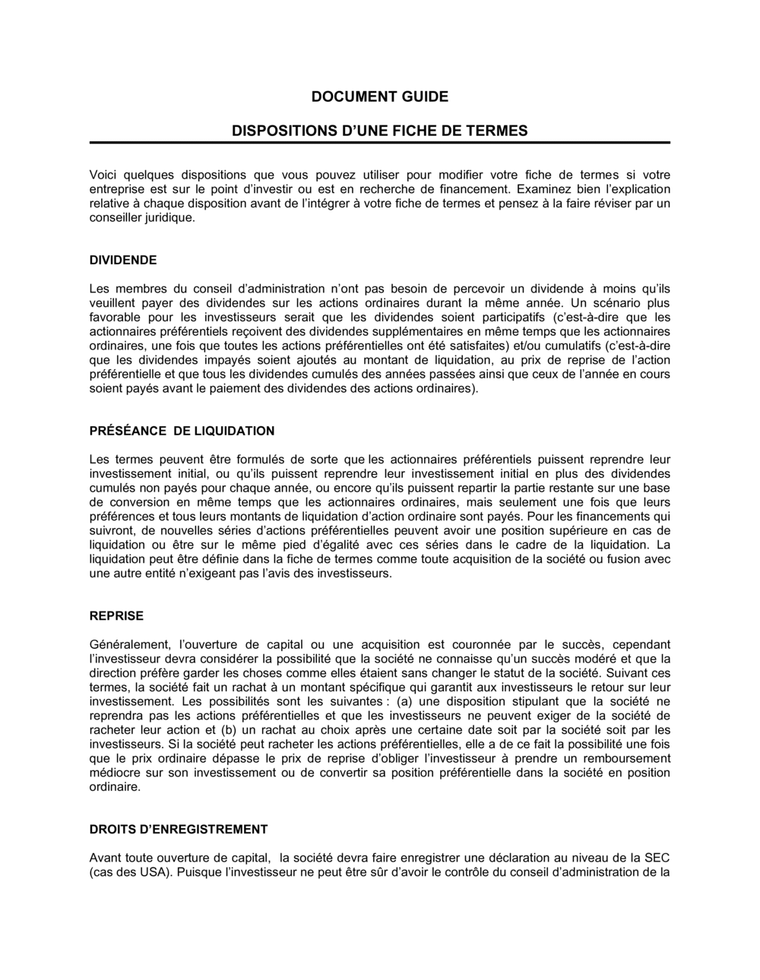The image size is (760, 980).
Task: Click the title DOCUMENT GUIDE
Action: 379,96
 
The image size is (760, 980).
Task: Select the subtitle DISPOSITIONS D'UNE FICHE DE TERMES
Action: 379,131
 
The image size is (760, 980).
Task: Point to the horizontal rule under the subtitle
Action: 379,143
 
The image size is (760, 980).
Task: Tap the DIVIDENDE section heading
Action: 123,260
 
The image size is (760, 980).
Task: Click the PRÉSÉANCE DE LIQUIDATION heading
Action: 182,431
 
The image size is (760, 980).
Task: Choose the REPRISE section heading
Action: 116,615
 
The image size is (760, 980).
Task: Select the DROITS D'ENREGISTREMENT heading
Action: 179,829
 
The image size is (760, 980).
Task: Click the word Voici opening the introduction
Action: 105,174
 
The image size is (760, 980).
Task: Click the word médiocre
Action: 114,773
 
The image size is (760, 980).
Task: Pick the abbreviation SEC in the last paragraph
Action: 657,858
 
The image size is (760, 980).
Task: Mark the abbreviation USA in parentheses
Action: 153,872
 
